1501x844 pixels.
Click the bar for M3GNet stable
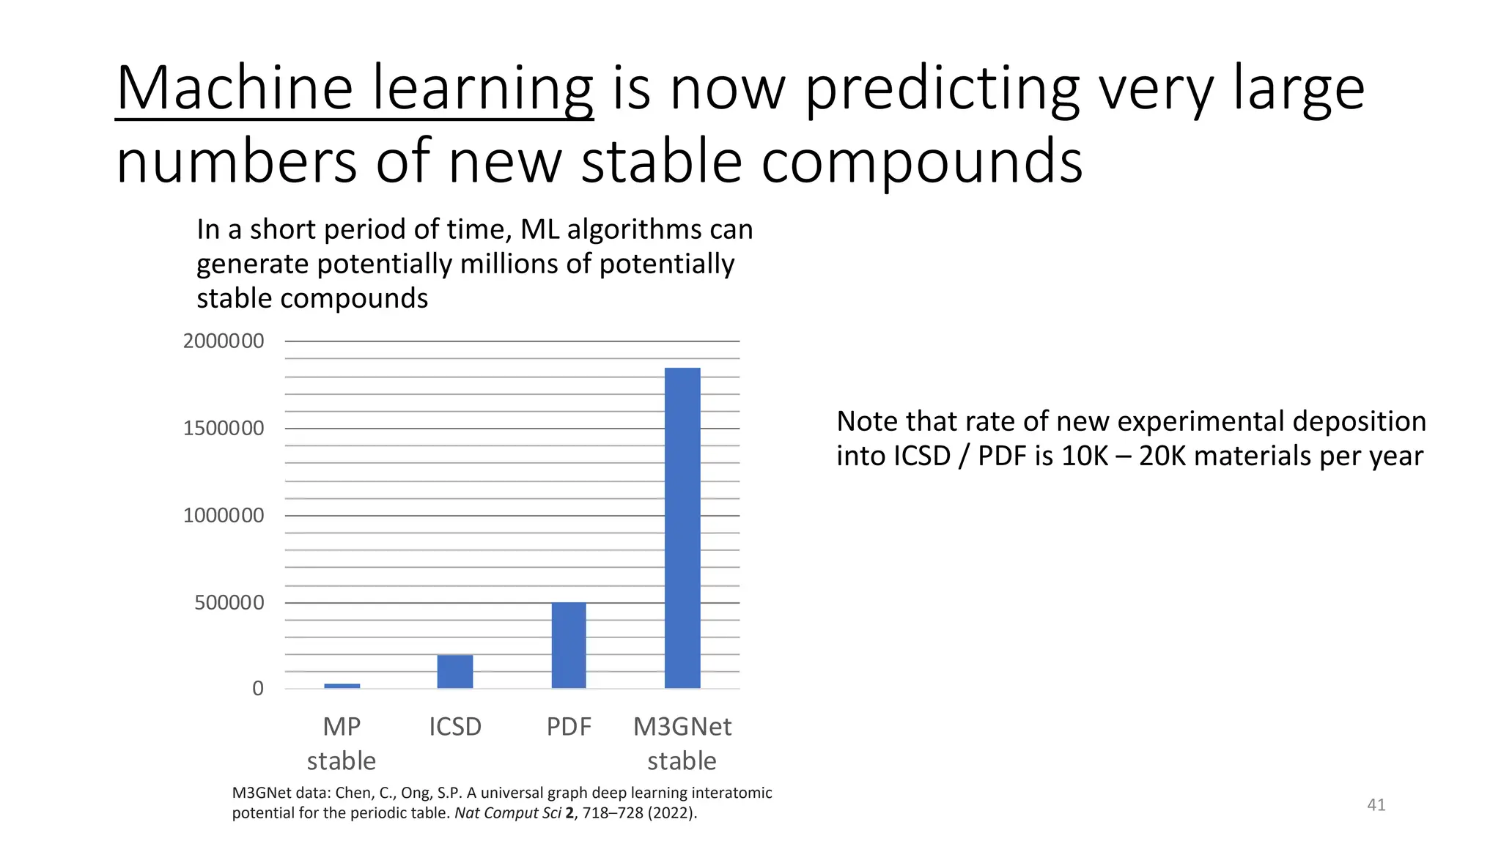coord(682,527)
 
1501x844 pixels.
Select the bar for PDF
coord(569,645)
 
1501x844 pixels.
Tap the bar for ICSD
coord(455,671)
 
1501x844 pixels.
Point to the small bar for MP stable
coord(342,686)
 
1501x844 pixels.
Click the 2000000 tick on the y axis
coord(224,341)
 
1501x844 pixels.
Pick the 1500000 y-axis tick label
coord(224,429)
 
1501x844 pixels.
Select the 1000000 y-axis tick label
coord(224,516)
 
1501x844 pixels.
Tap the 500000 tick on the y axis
coord(229,603)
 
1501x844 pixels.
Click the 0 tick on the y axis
coord(258,689)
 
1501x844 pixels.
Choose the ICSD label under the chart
coord(455,727)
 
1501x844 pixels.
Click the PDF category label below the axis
coord(569,727)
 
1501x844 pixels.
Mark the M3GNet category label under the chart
coord(682,727)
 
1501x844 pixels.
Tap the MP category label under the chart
coord(342,727)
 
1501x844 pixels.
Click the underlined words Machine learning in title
coord(355,89)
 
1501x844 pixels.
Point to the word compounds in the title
coord(922,163)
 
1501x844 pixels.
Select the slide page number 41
coord(1376,805)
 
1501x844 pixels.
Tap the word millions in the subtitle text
coord(509,264)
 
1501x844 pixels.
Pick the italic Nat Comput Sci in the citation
coord(507,812)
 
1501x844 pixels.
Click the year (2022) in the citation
coord(671,812)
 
